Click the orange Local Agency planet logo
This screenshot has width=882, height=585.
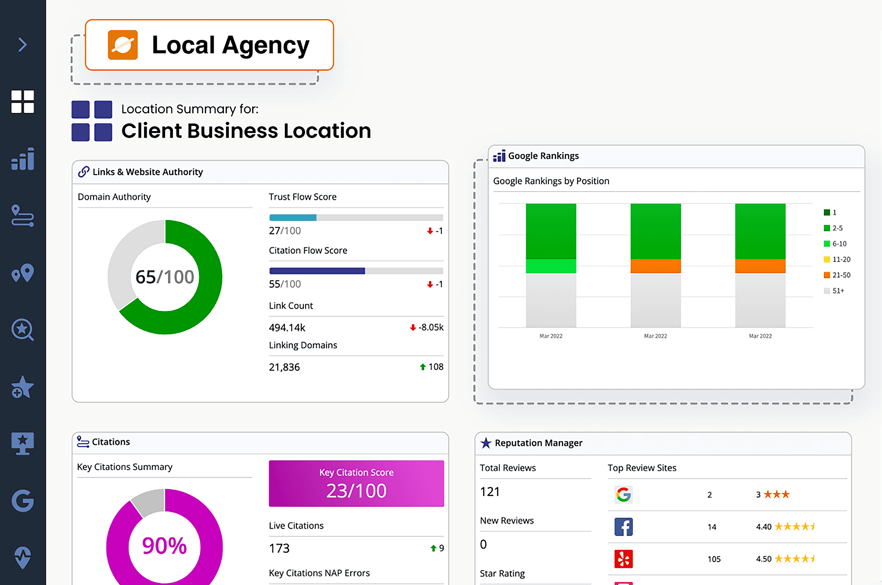click(123, 45)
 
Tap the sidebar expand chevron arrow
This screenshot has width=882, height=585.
click(23, 45)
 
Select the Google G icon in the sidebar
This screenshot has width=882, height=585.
click(23, 500)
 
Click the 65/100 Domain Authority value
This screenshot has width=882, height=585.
click(165, 277)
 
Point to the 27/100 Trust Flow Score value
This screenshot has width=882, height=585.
click(285, 231)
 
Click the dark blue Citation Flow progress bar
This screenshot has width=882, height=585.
click(317, 271)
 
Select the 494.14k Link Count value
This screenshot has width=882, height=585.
click(287, 328)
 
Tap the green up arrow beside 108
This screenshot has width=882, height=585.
click(423, 367)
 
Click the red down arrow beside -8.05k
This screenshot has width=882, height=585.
click(413, 328)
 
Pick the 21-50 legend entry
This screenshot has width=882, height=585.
click(837, 275)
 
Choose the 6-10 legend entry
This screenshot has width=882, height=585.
click(835, 244)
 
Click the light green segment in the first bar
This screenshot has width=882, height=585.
click(551, 266)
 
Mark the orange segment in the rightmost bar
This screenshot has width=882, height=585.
click(760, 266)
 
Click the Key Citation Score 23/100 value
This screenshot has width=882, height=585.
click(356, 491)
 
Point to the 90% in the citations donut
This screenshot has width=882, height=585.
click(164, 546)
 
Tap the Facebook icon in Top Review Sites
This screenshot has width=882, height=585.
click(624, 527)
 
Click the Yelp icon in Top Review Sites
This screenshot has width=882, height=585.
click(624, 559)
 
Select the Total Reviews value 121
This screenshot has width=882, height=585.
click(490, 492)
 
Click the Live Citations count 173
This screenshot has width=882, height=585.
click(279, 548)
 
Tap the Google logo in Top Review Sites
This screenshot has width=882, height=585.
click(624, 495)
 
